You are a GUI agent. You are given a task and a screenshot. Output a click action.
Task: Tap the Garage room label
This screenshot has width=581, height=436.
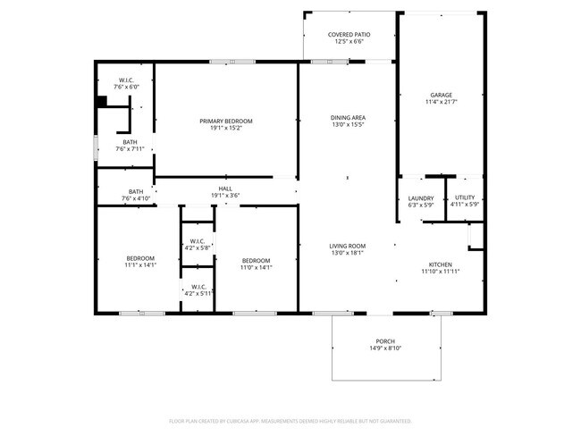pyautogui.click(x=441, y=95)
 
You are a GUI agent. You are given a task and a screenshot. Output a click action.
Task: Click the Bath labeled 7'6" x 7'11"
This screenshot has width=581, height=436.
pyautogui.click(x=131, y=146)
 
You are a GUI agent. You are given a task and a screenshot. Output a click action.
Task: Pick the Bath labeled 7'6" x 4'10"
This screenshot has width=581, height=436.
pyautogui.click(x=136, y=195)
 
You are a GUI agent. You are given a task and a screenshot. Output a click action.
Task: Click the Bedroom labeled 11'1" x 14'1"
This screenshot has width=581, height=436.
pyautogui.click(x=140, y=262)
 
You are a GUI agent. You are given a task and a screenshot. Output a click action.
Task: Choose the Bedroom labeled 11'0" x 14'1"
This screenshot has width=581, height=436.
pyautogui.click(x=256, y=264)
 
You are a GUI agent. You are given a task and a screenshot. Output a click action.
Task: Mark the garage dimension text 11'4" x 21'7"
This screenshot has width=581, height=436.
pyautogui.click(x=441, y=102)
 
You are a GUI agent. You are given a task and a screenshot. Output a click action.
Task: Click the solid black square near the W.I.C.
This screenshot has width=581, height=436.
pyautogui.click(x=101, y=101)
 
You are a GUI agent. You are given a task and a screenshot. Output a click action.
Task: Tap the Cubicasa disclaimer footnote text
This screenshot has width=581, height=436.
pyautogui.click(x=290, y=420)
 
